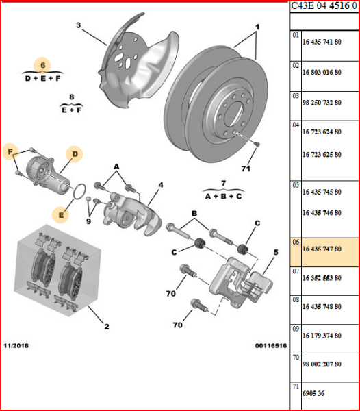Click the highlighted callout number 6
pos(42,65)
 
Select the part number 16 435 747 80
pos(322,249)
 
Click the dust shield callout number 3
pos(78,25)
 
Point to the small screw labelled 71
pos(257,144)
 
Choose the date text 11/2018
pos(16,345)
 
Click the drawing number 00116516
pos(271,346)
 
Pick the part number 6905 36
pos(313,393)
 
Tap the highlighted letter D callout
pos(75,154)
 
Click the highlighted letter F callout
pos(10,151)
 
